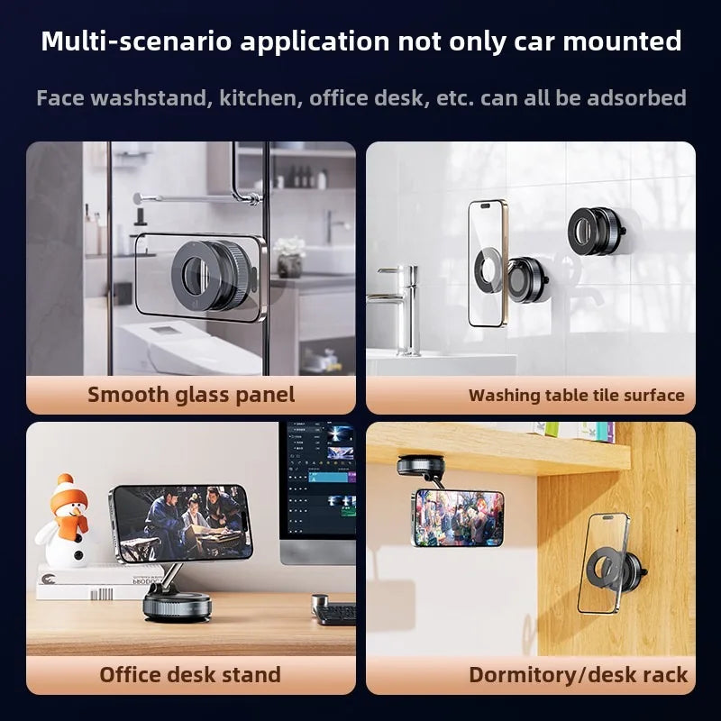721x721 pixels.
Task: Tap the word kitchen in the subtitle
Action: click(x=260, y=97)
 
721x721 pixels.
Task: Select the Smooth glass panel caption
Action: click(x=191, y=395)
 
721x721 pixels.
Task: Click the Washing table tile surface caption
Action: click(x=576, y=395)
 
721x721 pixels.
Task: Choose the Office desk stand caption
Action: click(x=190, y=675)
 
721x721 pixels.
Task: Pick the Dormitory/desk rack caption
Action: click(x=578, y=675)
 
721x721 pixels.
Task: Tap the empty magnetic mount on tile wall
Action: click(x=598, y=232)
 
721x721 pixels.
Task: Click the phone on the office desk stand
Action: click(x=182, y=523)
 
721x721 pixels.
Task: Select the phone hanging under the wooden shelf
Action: click(x=459, y=517)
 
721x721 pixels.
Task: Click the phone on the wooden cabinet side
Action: click(x=604, y=563)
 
